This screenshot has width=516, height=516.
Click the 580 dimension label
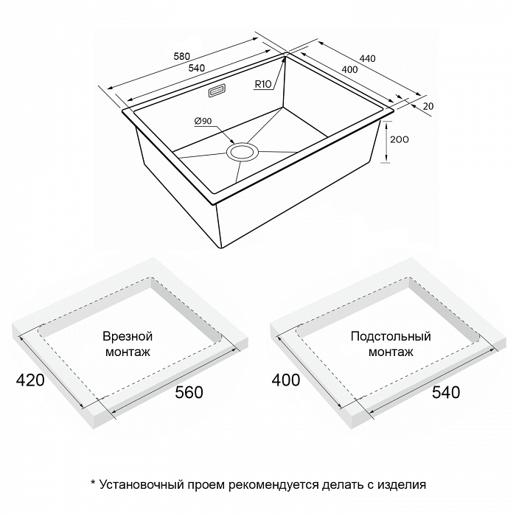(181, 56)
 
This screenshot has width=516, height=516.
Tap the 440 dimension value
(367, 58)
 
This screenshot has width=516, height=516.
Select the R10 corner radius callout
(263, 84)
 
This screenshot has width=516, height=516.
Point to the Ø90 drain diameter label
(203, 121)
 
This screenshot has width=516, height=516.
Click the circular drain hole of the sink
(243, 153)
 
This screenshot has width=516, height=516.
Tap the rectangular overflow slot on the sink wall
(217, 91)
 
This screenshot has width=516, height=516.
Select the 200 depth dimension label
(400, 139)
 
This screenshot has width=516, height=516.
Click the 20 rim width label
(428, 106)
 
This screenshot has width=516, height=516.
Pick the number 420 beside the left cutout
(30, 380)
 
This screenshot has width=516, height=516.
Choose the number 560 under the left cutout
(189, 392)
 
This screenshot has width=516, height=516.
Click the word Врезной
(128, 336)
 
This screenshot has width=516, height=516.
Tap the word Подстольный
(391, 336)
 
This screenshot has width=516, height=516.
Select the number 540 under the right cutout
(446, 392)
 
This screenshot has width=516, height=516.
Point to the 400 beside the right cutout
(286, 380)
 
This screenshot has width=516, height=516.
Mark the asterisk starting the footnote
(93, 483)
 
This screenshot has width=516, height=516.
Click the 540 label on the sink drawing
(197, 68)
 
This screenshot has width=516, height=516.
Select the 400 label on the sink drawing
(349, 69)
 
